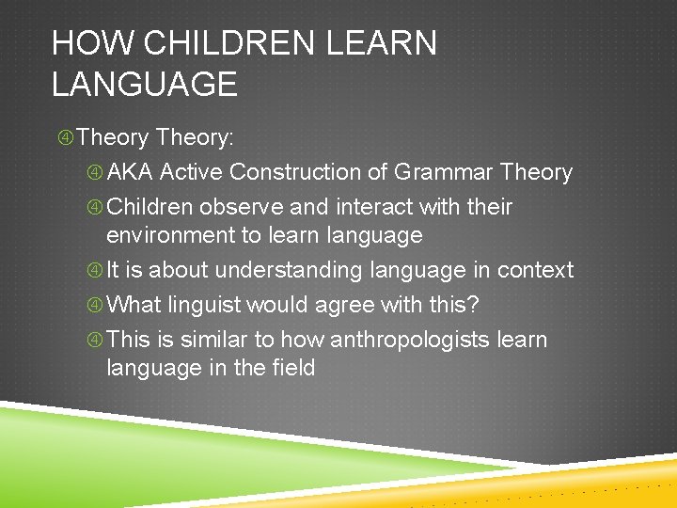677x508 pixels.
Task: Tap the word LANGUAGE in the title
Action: pyautogui.click(x=145, y=85)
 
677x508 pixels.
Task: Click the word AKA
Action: pyautogui.click(x=131, y=172)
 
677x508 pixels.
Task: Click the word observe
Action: pyautogui.click(x=243, y=206)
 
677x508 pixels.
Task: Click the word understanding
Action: pyautogui.click(x=286, y=270)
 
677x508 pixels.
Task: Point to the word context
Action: pyautogui.click(x=535, y=270)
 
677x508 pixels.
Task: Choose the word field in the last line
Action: pyautogui.click(x=294, y=368)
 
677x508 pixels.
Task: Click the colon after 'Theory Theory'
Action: pyautogui.click(x=230, y=138)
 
